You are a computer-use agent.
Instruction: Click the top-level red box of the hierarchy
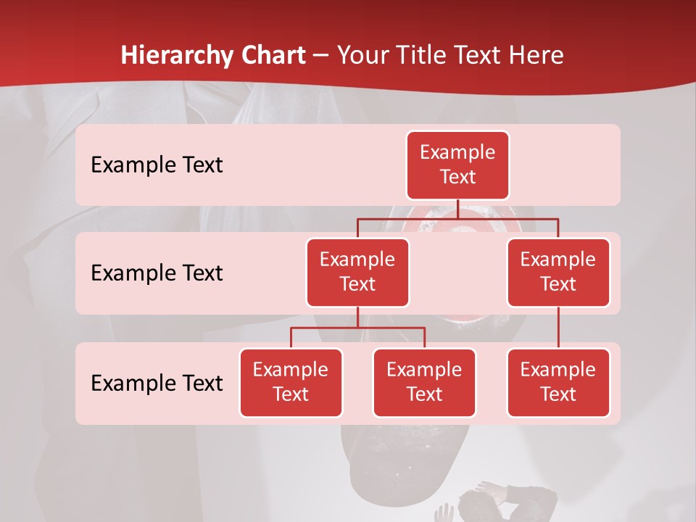(x=457, y=165)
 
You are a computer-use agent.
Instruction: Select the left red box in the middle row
(x=357, y=273)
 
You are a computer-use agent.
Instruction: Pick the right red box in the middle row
(x=558, y=273)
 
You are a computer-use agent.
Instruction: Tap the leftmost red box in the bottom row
(x=291, y=383)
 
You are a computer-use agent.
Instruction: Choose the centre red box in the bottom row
(x=424, y=383)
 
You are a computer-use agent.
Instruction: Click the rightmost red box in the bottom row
(x=558, y=383)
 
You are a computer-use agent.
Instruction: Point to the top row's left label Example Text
(x=157, y=165)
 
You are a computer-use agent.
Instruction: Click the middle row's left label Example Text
(x=157, y=273)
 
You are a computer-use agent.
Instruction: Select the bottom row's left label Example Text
(x=157, y=383)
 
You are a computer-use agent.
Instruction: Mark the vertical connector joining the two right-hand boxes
(x=558, y=328)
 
